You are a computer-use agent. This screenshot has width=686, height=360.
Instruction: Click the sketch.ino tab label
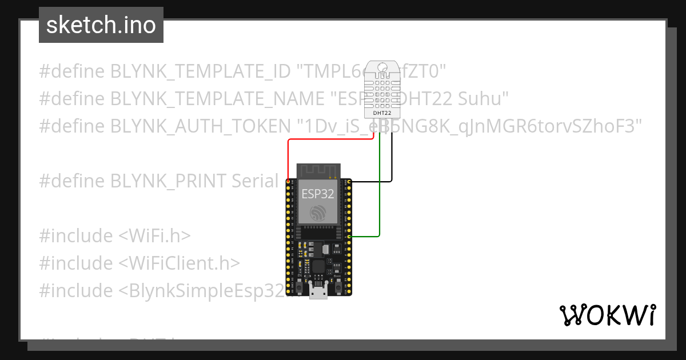coord(101,25)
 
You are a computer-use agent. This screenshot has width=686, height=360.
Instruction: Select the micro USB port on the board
coord(318,291)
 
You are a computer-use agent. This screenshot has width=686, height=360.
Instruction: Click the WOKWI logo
coord(607,315)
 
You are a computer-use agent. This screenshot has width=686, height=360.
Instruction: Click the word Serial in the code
coord(255,181)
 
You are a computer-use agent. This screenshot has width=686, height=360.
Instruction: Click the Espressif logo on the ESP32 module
coord(318,214)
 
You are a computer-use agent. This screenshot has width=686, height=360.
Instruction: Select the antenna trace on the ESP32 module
coord(318,170)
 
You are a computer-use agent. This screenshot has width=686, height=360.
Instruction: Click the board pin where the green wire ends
coord(349,236)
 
